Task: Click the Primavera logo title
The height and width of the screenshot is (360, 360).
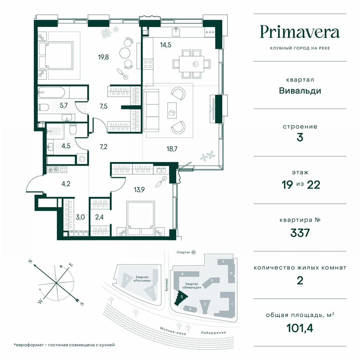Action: (300, 32)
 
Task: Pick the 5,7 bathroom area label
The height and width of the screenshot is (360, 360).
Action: (64, 105)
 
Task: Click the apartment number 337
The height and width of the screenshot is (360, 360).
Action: (300, 232)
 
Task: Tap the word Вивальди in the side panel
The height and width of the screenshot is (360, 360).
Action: (300, 90)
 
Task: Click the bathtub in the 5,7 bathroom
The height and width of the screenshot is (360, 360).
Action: (58, 91)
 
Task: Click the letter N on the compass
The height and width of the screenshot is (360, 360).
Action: (30, 261)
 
